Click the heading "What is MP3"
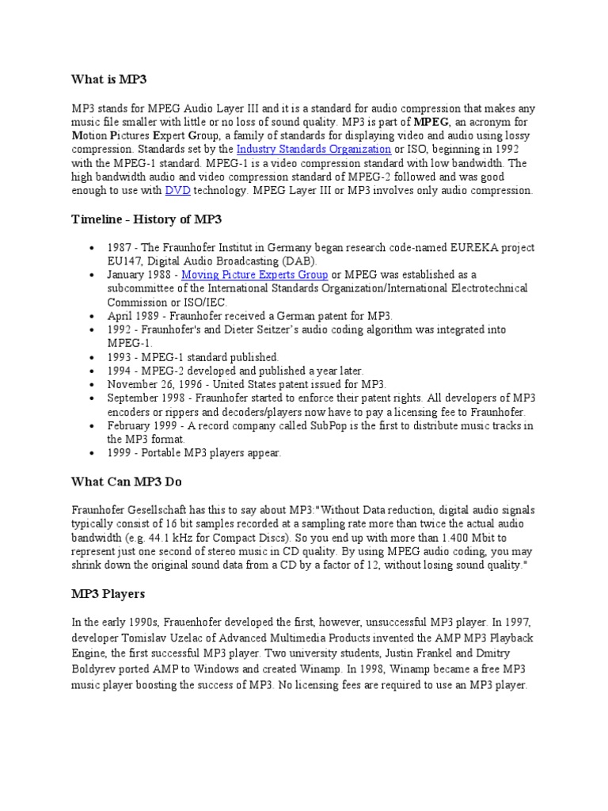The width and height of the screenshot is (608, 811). pos(108,80)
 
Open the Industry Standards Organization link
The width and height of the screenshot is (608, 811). pos(313,149)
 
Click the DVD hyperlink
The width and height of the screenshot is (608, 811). pos(177,191)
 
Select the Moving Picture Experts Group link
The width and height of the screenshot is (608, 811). pos(254,276)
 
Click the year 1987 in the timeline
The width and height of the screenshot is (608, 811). pos(120,247)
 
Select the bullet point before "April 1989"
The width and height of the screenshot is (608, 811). pos(94,314)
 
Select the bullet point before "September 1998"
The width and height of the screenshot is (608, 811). pos(94,398)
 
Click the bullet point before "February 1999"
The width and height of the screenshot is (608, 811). pos(94,426)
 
